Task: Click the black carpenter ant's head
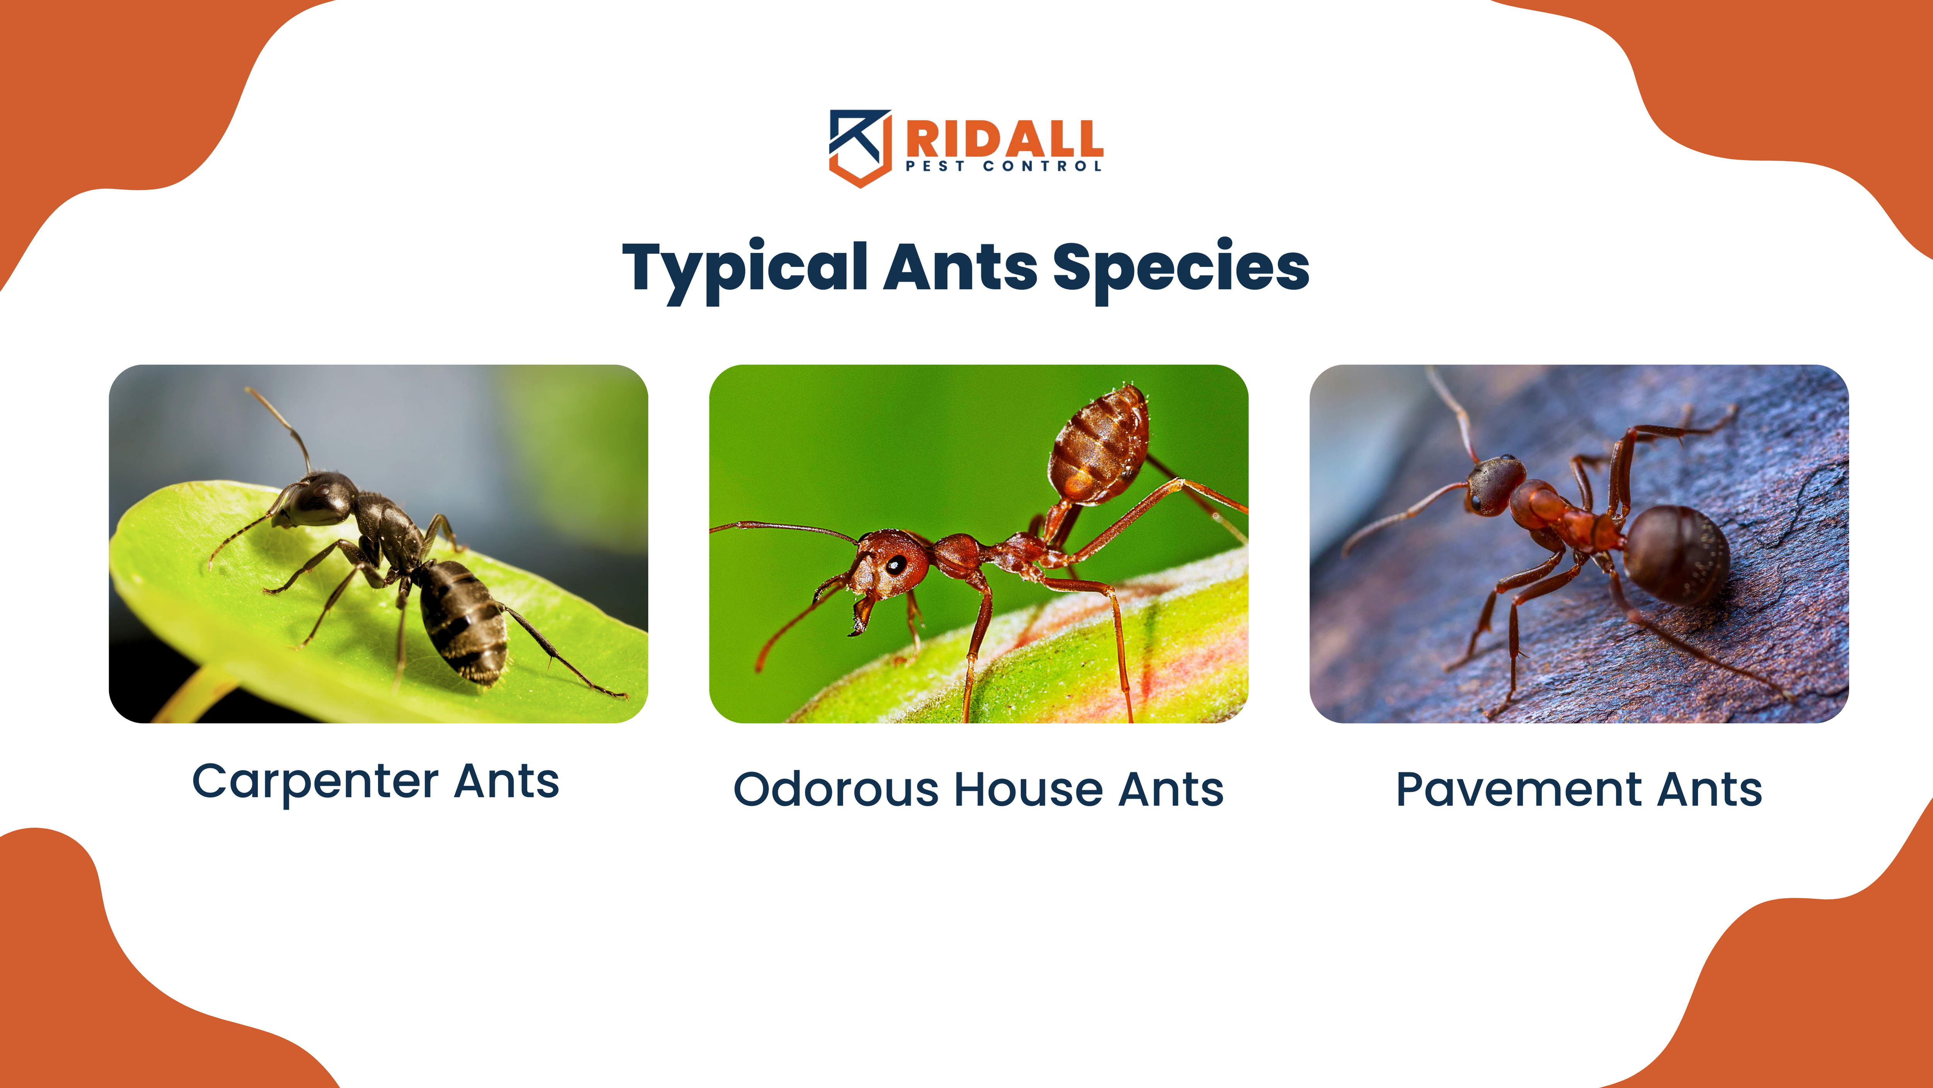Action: tap(319, 500)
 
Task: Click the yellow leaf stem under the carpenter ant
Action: tap(197, 695)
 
